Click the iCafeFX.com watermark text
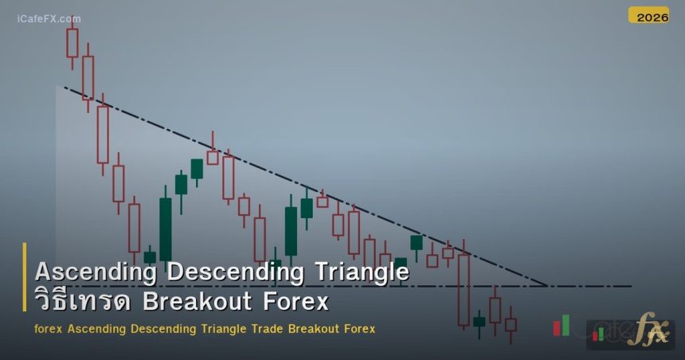point(49,18)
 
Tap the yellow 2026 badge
point(648,16)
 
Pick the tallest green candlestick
point(166,229)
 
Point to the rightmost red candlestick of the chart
point(511,324)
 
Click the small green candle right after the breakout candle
point(479,322)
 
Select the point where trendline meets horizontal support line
point(548,285)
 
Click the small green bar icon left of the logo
point(566,325)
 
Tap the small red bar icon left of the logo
point(557,327)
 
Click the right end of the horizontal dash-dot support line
point(631,285)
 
